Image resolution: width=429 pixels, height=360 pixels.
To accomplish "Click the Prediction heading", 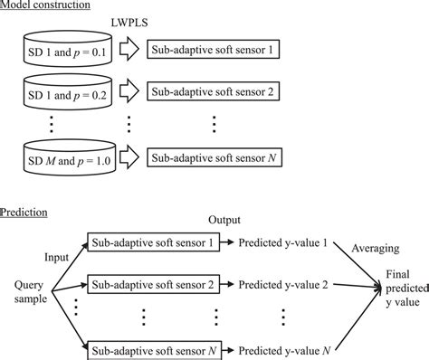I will [26, 213].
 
